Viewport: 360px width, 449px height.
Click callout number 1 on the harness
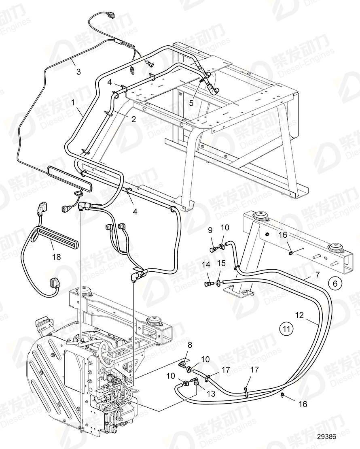(74, 103)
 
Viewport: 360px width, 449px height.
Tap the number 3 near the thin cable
(78, 72)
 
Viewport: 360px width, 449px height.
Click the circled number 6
(334, 284)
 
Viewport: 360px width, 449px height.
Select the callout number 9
(210, 231)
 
